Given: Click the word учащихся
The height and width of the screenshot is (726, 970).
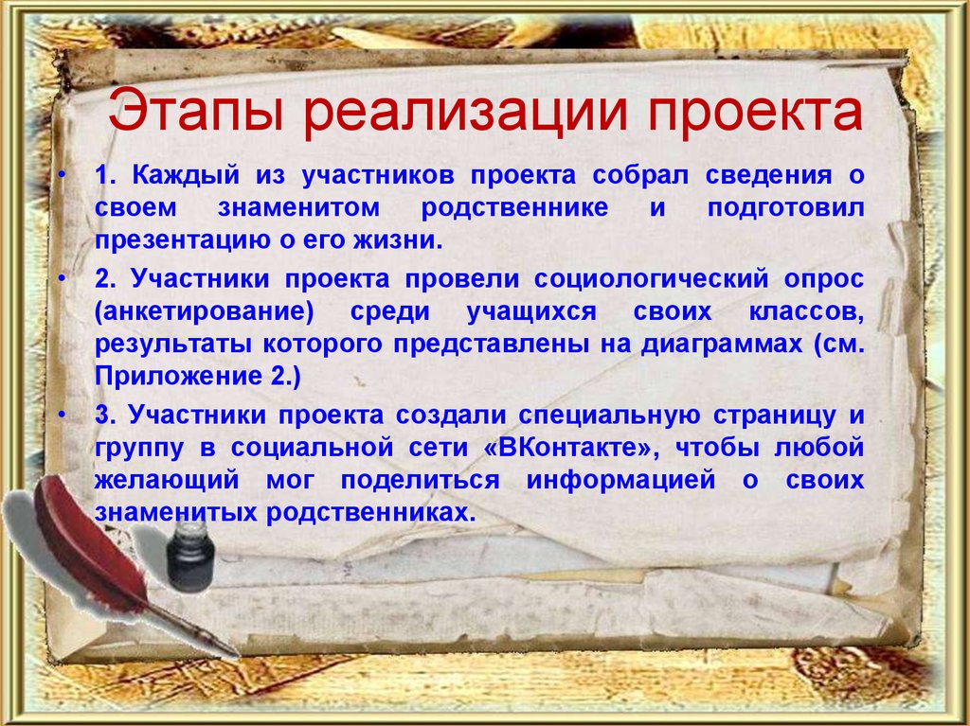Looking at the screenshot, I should point(524,312).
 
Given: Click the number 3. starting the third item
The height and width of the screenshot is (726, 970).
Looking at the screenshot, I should point(106,414).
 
